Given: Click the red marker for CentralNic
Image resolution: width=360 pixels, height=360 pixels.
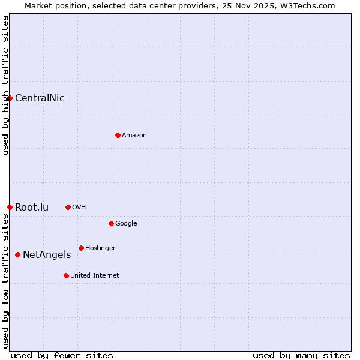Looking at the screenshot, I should pos(10,98).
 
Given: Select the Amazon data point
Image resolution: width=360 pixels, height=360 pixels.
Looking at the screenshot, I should pos(118,135).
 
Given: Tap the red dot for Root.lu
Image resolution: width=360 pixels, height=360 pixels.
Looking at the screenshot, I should pos(10,207).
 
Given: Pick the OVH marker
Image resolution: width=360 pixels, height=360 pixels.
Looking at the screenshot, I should pos(68,207).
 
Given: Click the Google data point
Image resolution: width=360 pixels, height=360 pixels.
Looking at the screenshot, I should pos(111,223).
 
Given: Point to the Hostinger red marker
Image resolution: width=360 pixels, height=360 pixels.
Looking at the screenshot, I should pos(81,248).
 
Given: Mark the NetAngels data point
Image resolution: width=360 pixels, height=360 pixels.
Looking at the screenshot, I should pos(17,254).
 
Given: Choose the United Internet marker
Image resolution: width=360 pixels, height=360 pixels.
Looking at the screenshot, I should pos(66,275).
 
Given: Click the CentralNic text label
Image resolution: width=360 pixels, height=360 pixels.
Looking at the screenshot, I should pos(40,98).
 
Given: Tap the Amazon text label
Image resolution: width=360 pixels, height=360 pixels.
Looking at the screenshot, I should pos(134,136).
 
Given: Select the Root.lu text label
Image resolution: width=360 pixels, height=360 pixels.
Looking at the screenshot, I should pos(32,208).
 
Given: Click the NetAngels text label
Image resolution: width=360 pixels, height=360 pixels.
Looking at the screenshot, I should pos(47,255).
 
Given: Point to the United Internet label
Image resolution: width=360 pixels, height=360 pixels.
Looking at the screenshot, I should pos(95,276).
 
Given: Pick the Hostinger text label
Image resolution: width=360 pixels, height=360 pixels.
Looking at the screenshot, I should pos(100,248).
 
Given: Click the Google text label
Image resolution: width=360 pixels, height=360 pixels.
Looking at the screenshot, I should pos(126,224).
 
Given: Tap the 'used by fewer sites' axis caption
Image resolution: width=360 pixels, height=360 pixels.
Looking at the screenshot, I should pos(62,355).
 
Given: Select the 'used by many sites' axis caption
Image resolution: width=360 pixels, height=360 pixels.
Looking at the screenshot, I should pos(301,355).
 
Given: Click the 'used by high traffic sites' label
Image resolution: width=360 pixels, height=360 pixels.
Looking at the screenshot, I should pos(5,85).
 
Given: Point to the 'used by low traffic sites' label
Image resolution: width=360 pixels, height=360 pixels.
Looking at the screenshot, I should pos(5,281).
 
